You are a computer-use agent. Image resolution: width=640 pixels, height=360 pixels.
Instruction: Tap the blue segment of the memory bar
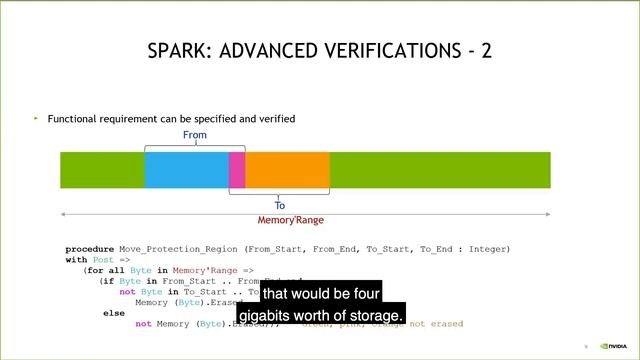(186, 170)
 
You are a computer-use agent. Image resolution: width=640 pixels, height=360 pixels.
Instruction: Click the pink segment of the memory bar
(237, 170)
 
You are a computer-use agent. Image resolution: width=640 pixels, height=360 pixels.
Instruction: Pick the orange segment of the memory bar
(287, 170)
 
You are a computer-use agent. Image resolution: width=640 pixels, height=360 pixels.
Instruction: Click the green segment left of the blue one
(102, 170)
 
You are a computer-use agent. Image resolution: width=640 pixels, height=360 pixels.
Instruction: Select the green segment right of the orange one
(440, 170)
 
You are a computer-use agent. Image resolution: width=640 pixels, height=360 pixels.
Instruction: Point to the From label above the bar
(195, 136)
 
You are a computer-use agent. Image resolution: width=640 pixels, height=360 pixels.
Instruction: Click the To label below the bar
(280, 206)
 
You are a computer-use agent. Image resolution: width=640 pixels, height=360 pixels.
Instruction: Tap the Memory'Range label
(291, 220)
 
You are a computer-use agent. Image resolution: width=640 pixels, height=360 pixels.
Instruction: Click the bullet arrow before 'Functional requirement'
(36, 118)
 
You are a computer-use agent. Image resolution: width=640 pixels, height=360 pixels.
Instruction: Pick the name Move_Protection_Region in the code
(181, 249)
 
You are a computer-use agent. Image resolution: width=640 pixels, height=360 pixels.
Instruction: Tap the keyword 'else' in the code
(114, 312)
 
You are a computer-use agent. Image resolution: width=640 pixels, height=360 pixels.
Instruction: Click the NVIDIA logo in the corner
(614, 347)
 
